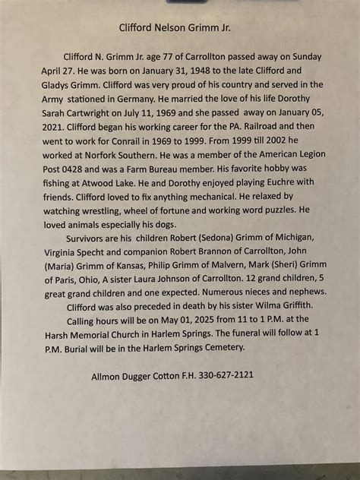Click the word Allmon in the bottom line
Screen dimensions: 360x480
pyautogui.click(x=109, y=375)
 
